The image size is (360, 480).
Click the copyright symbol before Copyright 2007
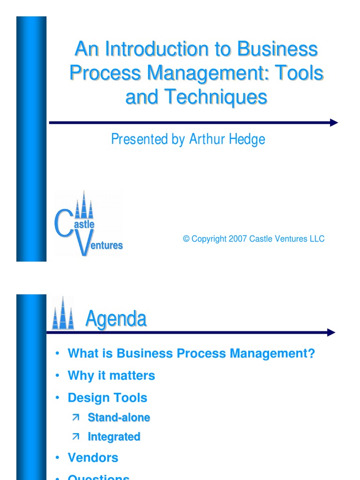point(186,239)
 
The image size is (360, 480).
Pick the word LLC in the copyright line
point(317,239)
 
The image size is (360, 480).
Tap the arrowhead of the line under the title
point(334,123)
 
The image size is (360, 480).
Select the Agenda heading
point(116,319)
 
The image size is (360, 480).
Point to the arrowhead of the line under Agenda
point(331,333)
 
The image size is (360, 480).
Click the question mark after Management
point(311,354)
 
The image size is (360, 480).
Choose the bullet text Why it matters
point(111,375)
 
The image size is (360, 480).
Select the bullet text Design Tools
point(107,398)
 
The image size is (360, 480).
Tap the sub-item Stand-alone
point(119,417)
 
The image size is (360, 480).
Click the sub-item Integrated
point(114,437)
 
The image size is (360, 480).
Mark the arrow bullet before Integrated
point(76,437)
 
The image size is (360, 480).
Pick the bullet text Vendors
point(93,457)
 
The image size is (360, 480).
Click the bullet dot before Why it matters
point(57,375)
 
